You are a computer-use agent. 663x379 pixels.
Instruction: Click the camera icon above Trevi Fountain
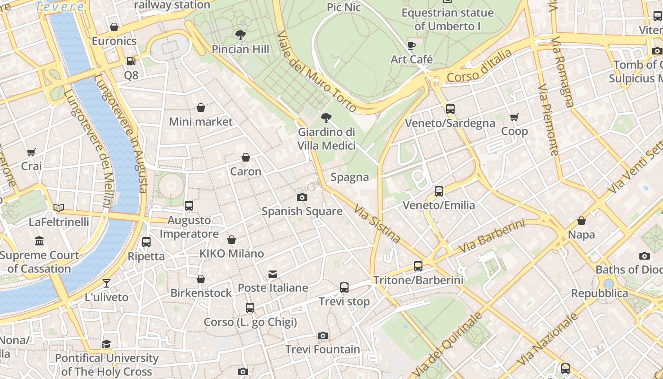[x=323, y=336]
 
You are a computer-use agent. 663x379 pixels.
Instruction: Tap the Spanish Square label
[x=302, y=211]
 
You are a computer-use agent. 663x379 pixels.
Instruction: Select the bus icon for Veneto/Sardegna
[x=450, y=109]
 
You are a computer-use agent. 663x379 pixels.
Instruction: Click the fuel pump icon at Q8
[x=131, y=61]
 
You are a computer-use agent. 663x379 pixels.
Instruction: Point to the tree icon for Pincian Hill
[x=240, y=35]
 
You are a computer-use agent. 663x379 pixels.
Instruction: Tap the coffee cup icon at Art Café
[x=412, y=45]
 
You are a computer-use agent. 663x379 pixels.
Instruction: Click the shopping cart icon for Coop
[x=514, y=117]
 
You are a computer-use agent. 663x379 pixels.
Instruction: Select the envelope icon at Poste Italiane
[x=273, y=274]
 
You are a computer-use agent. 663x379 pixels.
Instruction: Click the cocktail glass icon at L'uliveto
[x=107, y=283]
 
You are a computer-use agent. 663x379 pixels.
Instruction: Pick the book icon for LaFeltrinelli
[x=59, y=208]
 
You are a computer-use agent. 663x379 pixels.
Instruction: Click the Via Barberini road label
[x=492, y=236]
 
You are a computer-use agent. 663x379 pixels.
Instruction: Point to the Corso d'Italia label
[x=479, y=66]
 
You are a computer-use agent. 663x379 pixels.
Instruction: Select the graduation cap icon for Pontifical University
[x=107, y=344]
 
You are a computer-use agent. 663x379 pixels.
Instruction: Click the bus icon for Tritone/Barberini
[x=418, y=266]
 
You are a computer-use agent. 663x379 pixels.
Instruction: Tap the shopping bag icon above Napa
[x=582, y=221]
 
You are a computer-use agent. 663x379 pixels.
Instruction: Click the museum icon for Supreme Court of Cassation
[x=39, y=241]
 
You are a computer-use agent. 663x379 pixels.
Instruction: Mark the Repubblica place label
[x=600, y=293]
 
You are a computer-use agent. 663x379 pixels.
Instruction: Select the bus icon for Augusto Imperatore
[x=189, y=206]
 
